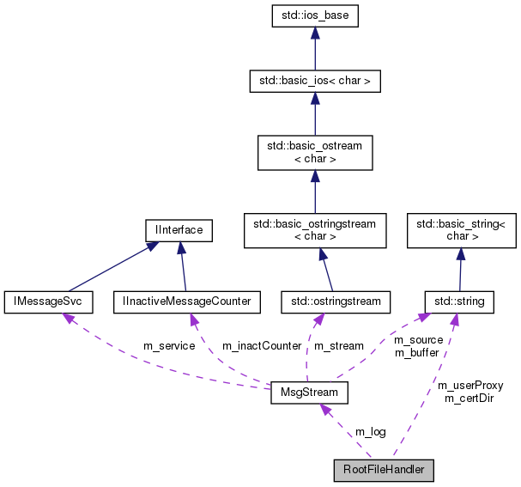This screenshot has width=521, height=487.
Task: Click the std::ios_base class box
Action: coord(315,15)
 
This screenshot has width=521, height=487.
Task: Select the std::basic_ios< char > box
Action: coord(315,82)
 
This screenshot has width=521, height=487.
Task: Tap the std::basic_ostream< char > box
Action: coord(315,153)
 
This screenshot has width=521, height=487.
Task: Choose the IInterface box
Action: coord(179,230)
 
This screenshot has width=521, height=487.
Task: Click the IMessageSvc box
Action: coord(49,301)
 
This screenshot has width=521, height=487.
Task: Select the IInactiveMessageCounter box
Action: coord(187,301)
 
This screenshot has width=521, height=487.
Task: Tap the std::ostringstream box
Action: coord(336,301)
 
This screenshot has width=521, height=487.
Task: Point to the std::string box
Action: coord(460,301)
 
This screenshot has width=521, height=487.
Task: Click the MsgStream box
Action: coord(309,393)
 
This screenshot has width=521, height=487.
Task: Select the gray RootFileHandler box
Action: coord(384,470)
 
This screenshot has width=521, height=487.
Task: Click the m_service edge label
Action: coord(169,346)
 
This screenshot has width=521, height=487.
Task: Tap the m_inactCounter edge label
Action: coord(262,346)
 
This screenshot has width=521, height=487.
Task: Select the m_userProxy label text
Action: coord(470,386)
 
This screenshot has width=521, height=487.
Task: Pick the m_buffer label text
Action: coord(416,352)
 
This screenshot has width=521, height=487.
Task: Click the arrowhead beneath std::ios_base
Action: coord(315,33)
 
